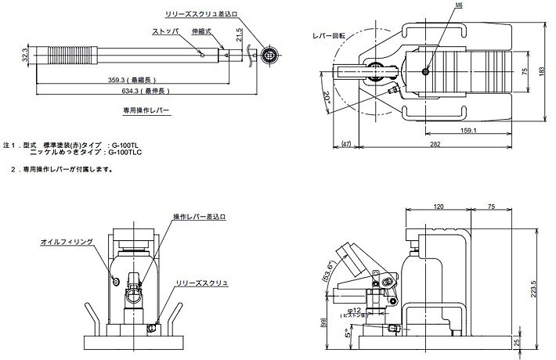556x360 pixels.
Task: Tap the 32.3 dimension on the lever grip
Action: pos(24,56)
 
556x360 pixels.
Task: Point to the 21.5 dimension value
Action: pos(240,37)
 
